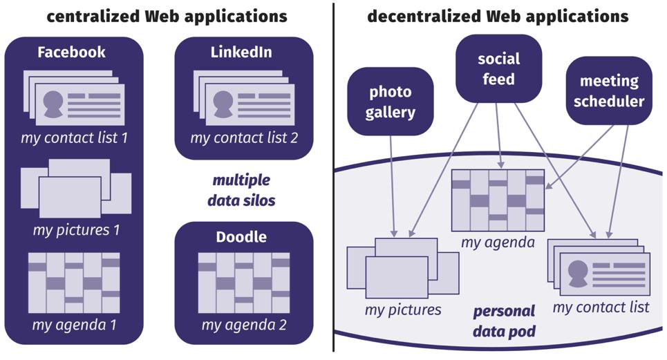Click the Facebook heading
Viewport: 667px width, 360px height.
click(72, 53)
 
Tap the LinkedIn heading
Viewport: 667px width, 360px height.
click(241, 53)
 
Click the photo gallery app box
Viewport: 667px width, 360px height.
click(391, 101)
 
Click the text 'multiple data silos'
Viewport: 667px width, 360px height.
click(241, 191)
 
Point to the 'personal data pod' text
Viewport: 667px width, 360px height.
click(504, 321)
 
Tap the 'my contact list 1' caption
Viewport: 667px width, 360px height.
click(75, 138)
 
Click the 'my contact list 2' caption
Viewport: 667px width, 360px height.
click(244, 138)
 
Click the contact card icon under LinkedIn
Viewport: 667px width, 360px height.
click(244, 97)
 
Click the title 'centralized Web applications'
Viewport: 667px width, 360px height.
click(167, 15)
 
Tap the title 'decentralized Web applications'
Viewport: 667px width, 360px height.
click(498, 15)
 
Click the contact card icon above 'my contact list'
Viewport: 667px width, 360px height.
click(599, 269)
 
